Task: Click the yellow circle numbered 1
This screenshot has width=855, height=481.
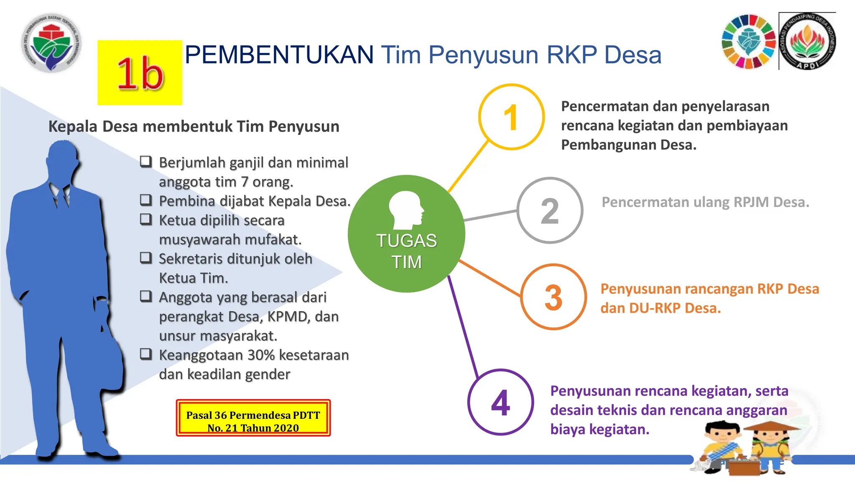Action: tap(511, 117)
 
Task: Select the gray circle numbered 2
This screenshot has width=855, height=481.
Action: tap(550, 210)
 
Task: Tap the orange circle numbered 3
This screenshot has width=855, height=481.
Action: tap(554, 297)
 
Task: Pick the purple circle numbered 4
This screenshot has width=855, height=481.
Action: tap(501, 402)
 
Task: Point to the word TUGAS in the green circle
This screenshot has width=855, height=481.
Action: tap(406, 241)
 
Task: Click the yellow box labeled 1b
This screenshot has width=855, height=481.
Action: tap(140, 73)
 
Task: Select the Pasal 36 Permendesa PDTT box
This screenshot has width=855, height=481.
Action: tap(253, 418)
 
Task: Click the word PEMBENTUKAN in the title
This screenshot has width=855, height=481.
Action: tap(279, 55)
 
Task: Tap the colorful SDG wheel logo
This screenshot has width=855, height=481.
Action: tap(749, 41)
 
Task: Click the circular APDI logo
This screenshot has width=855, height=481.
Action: tap(808, 41)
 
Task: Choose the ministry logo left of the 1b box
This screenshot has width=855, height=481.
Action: tap(51, 42)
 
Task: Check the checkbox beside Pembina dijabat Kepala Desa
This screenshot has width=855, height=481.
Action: tap(146, 200)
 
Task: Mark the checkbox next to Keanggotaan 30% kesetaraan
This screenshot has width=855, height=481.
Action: tap(146, 354)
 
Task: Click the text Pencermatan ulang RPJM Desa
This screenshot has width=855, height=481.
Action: tap(705, 202)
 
